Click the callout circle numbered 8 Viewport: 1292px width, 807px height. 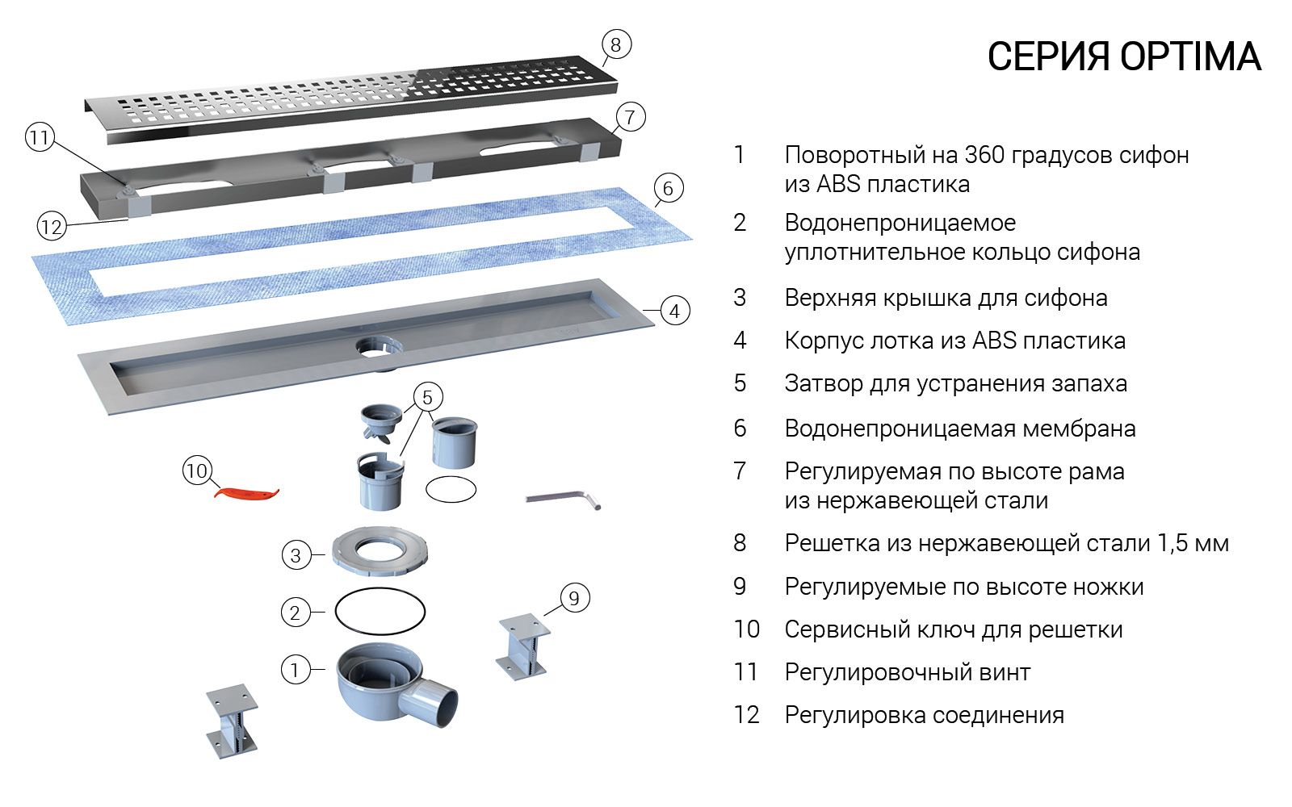point(616,44)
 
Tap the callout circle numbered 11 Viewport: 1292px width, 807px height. point(39,138)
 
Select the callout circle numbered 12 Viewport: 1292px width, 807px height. point(51,227)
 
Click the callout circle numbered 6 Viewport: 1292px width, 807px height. point(667,189)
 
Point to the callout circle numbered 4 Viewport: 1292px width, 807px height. point(674,311)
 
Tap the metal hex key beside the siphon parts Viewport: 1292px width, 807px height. point(563,500)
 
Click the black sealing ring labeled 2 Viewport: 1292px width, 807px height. point(380,613)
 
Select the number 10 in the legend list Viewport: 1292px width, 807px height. point(747,629)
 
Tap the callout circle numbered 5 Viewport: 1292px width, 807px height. point(427,397)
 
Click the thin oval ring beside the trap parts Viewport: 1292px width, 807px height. point(451,489)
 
